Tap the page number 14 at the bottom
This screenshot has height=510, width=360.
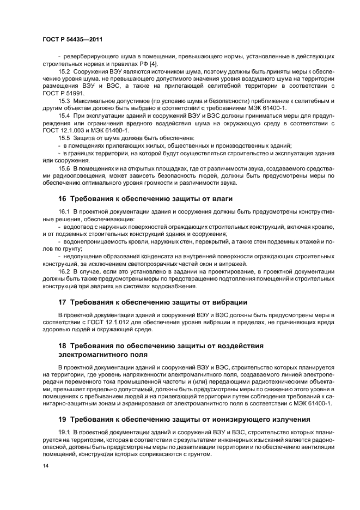45,466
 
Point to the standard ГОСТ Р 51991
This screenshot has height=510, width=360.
61,93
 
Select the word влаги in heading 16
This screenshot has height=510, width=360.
222,199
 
